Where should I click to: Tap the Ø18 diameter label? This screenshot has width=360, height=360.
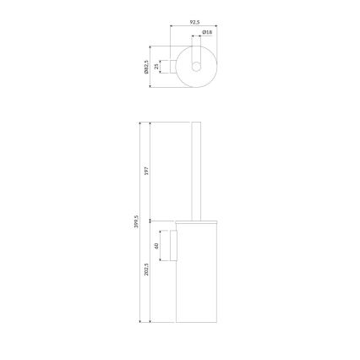click(208, 34)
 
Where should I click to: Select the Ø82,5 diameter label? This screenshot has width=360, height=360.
click(148, 66)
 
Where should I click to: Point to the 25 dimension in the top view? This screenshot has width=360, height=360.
click(158, 66)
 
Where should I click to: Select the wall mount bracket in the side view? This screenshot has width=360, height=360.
click(173, 247)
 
